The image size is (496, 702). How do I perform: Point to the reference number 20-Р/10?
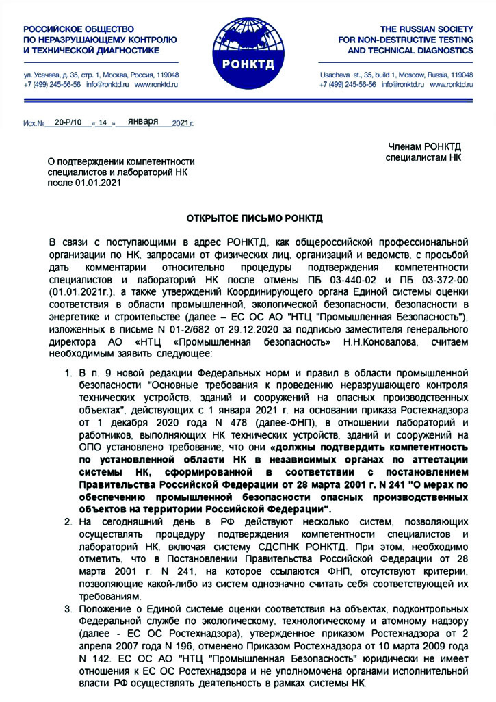point(68,122)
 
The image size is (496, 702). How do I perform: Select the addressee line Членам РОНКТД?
point(426,148)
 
